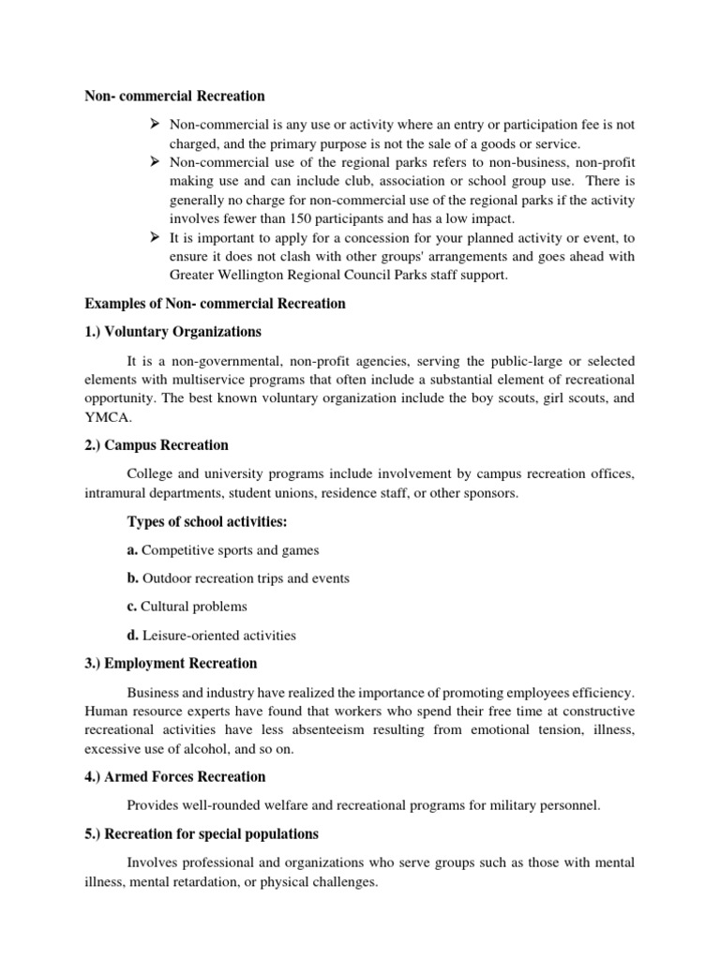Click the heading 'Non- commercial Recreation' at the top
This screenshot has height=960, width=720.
(175, 96)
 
